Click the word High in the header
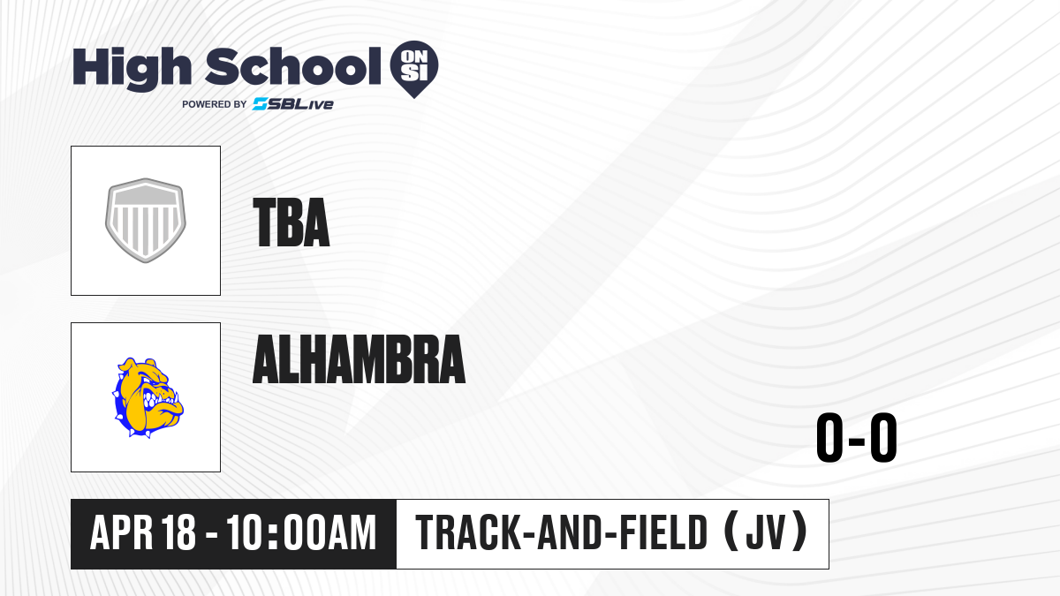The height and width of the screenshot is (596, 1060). (x=132, y=69)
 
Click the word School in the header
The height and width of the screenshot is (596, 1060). (x=293, y=66)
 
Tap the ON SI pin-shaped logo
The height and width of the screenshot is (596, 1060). (x=414, y=69)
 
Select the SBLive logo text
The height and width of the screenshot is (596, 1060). (x=293, y=104)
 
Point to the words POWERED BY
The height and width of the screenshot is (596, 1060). (x=215, y=104)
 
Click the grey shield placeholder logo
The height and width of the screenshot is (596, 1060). (x=146, y=221)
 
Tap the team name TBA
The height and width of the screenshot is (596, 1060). (x=291, y=223)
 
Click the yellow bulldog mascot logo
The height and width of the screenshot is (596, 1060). (x=148, y=397)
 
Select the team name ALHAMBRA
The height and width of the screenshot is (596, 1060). (x=360, y=359)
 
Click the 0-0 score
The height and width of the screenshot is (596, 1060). (x=857, y=438)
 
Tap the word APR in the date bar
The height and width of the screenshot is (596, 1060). (x=121, y=532)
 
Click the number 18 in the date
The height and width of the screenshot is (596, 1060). (x=178, y=532)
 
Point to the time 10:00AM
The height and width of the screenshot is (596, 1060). (x=301, y=532)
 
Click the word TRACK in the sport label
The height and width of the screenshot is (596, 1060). (x=467, y=532)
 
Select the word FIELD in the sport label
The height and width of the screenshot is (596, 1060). (x=664, y=532)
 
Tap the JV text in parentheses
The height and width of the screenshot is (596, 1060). (x=765, y=532)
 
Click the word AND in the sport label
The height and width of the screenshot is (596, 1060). (x=571, y=532)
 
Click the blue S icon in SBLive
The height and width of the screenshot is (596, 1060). (x=260, y=104)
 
